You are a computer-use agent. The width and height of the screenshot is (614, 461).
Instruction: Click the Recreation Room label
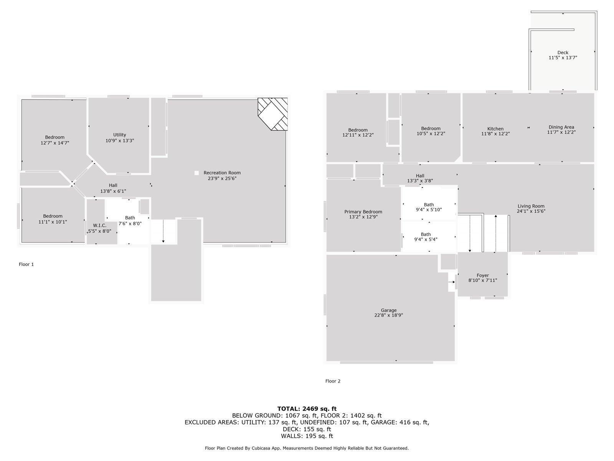coord(222,173)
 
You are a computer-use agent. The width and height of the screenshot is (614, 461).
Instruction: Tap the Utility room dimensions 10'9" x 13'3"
coord(120,141)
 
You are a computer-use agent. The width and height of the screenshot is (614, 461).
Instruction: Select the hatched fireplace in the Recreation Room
coord(272,114)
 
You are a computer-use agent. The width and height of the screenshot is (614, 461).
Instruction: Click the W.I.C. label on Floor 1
coord(99,226)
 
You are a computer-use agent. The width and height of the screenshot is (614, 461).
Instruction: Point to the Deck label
coord(563,53)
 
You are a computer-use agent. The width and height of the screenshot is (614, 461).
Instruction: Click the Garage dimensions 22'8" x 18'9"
coord(388,315)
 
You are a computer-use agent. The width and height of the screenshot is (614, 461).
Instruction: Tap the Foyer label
coord(483,275)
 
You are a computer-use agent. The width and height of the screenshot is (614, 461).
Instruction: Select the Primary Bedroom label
coord(363,212)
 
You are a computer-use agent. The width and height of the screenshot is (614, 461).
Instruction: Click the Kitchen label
coord(495,129)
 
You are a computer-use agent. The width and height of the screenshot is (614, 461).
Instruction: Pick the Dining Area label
coord(561,127)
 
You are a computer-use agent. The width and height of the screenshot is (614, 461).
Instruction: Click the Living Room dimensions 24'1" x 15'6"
coord(531,211)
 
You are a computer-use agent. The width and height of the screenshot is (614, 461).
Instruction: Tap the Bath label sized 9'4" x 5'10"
coord(429,205)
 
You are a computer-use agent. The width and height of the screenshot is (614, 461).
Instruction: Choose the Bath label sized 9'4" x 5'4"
coord(426,234)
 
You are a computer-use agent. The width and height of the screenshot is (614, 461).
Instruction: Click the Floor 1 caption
coord(26,264)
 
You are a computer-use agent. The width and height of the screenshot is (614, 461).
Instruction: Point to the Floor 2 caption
coord(333,381)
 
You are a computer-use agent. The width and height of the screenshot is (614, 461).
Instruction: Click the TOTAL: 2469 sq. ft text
coord(307,409)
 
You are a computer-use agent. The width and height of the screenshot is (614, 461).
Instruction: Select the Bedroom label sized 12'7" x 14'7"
coord(54,137)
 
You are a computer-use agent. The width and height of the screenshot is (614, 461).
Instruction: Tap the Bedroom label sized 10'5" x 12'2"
coord(431,129)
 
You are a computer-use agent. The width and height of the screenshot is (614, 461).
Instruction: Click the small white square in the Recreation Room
coord(196,173)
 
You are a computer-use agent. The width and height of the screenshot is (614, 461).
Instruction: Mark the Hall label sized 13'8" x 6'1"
coord(113,185)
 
